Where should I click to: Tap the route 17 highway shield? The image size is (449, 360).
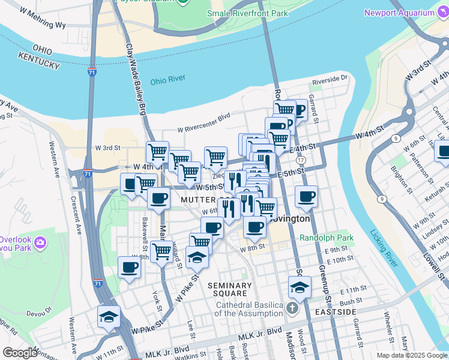(301, 160)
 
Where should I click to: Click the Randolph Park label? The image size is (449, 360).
(327, 238)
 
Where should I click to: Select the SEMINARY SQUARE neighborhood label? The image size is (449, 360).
(231, 289)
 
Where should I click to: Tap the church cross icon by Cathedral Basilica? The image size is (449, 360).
(292, 309)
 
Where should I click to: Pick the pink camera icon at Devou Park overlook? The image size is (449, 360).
(40, 242)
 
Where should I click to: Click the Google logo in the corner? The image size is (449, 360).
(20, 353)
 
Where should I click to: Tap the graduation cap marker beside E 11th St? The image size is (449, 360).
(300, 287)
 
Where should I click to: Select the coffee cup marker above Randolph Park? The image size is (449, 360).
(306, 196)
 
